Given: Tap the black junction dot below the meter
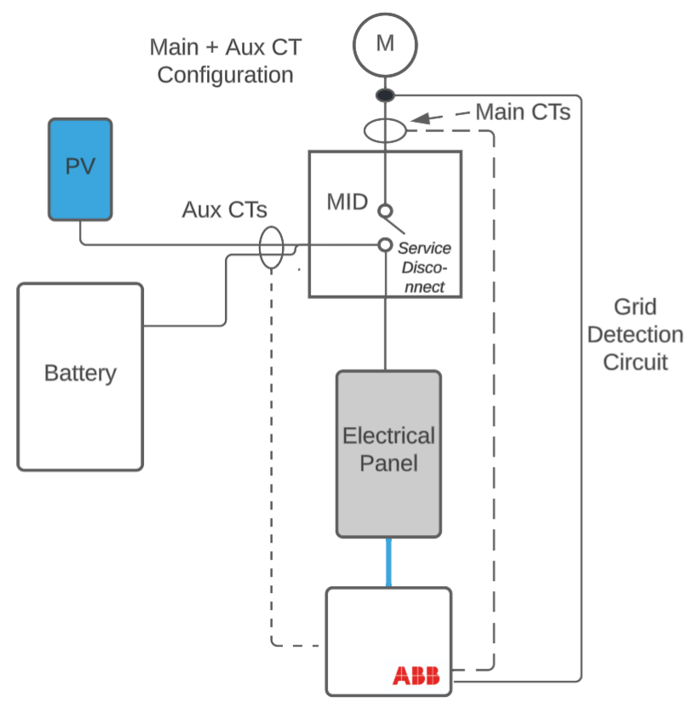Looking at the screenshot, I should point(385,95).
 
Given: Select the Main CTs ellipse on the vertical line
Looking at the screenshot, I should point(385,131).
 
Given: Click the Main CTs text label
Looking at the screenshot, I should point(522,112).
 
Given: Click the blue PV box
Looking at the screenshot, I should point(80,169).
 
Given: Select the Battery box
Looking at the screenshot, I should point(80,377).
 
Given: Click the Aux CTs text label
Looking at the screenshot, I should point(224,210).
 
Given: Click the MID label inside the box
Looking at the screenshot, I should point(348,203).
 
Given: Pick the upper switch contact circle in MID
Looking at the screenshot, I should point(385,210).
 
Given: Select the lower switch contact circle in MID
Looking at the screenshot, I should point(385,245).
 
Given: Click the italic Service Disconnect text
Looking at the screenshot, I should point(424,268).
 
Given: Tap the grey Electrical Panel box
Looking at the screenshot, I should point(388,453).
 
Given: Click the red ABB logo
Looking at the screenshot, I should point(416,676).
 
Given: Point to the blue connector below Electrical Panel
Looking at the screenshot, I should point(389,562).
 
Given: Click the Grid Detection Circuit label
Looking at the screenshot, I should point(635,335).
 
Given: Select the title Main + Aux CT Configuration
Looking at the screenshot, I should point(225,60).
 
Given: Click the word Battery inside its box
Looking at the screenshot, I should point(80,373).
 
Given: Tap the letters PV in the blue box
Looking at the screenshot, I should point(80,165).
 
